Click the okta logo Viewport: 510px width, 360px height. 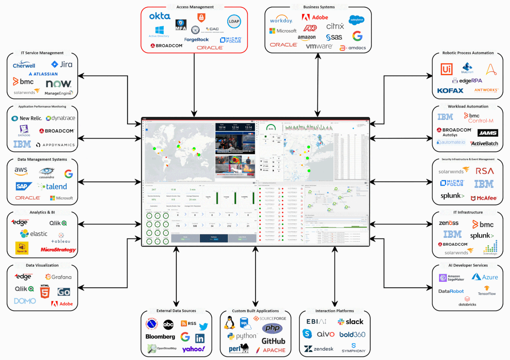coord(160,16)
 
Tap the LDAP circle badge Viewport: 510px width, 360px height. coord(234,21)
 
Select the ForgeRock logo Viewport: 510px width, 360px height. coord(196,40)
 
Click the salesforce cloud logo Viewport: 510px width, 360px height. coord(356,20)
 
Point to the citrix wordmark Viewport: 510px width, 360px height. coord(335,26)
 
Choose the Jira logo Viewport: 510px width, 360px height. coord(62,65)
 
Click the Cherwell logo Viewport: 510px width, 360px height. coord(24,65)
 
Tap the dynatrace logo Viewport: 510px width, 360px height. coord(60,119)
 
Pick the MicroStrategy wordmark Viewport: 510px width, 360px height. coord(58,249)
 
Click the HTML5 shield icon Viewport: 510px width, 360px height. coord(45,292)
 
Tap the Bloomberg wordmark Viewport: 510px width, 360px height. coord(160,337)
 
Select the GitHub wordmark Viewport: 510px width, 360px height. coord(273,341)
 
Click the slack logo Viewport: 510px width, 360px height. coord(351,322)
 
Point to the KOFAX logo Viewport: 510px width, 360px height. coord(450,91)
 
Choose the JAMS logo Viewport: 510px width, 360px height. coord(487,133)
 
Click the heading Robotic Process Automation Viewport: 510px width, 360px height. coord(468,53)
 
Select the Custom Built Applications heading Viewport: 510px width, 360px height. coord(255,311)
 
